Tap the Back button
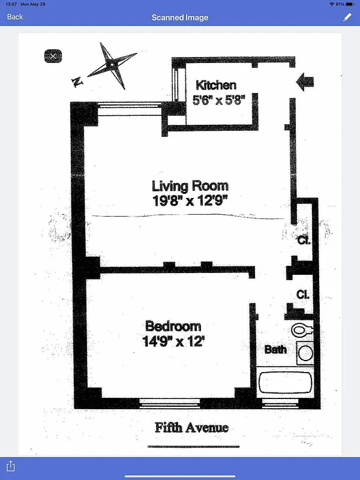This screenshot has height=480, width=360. [x=15, y=17]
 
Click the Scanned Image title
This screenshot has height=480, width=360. [x=180, y=17]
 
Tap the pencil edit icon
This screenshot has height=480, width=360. [x=347, y=17]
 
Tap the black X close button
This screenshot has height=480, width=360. [x=53, y=56]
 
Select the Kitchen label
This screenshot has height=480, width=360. [x=216, y=85]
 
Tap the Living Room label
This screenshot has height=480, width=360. [x=190, y=186]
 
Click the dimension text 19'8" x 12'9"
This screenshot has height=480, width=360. [x=190, y=200]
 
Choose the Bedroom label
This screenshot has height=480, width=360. [x=173, y=326]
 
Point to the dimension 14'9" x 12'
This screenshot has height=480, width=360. [x=173, y=342]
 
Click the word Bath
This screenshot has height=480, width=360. [x=275, y=349]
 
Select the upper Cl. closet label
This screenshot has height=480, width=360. [x=303, y=241]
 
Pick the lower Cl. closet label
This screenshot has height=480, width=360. [x=303, y=295]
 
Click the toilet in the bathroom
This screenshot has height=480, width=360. [x=303, y=329]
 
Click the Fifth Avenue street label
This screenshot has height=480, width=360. [x=191, y=428]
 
